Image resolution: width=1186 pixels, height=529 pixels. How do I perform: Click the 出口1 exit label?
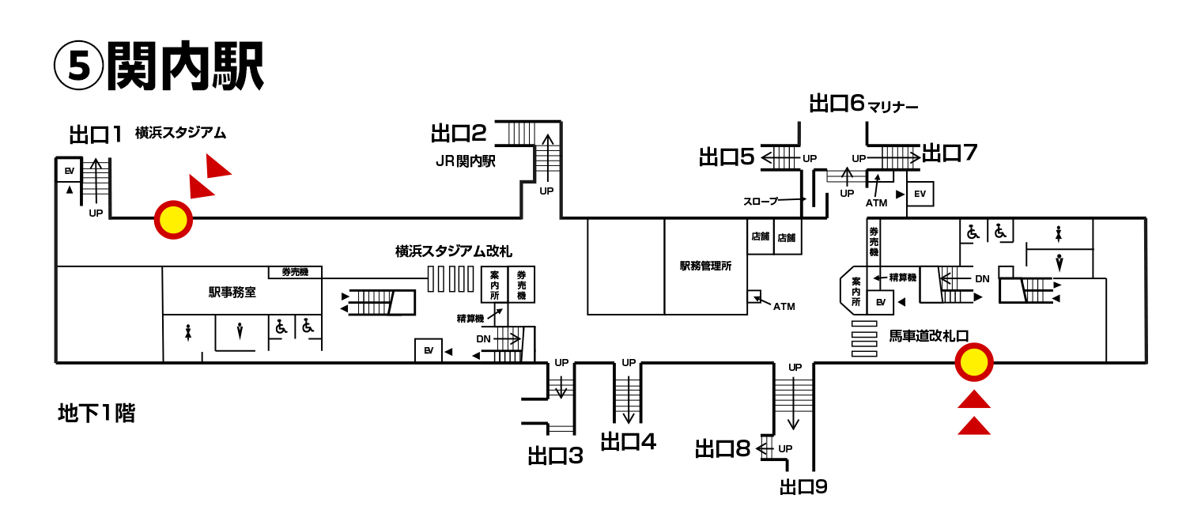tap(96, 134)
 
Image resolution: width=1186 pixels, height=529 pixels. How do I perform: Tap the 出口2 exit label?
tap(459, 133)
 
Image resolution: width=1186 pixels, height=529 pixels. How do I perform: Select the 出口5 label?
tap(727, 157)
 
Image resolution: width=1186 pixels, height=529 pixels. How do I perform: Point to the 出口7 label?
tap(950, 153)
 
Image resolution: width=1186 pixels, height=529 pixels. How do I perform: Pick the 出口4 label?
tap(628, 441)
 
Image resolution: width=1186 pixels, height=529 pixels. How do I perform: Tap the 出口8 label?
tap(723, 449)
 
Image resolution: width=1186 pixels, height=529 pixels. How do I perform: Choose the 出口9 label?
tap(803, 486)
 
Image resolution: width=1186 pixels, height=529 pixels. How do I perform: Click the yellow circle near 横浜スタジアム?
tap(173, 220)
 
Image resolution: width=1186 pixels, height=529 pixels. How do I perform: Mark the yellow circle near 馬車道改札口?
tap(974, 363)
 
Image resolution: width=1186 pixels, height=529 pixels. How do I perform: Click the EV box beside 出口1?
tap(69, 171)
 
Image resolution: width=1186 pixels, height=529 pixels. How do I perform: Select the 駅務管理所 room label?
tap(705, 266)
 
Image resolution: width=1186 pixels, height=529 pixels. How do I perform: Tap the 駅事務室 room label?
tap(232, 292)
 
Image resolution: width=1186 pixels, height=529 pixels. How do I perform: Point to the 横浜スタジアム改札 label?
tap(454, 252)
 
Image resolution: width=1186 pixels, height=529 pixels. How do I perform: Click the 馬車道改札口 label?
tap(928, 335)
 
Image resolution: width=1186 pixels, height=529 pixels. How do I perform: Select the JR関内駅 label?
tap(465, 161)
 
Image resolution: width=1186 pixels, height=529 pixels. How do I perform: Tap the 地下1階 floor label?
tap(96, 413)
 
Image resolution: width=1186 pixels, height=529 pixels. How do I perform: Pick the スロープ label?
tap(761, 201)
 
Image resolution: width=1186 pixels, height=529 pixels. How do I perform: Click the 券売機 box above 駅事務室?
tap(294, 272)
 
